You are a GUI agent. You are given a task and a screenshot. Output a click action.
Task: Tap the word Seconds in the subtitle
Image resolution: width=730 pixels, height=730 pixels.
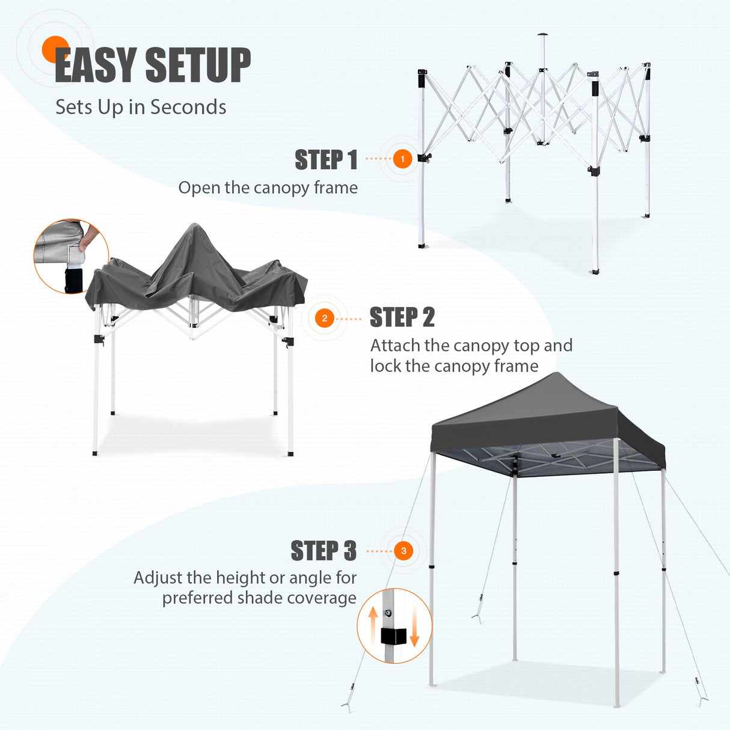(188, 107)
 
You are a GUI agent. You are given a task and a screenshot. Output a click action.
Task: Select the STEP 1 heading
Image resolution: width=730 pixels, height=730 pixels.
(326, 160)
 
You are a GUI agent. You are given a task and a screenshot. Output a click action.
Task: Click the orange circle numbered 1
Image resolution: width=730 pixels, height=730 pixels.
(402, 159)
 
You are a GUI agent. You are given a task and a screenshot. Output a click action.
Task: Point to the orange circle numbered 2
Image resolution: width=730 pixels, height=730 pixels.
(325, 318)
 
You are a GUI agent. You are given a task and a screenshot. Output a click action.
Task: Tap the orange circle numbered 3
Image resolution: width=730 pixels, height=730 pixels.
(403, 551)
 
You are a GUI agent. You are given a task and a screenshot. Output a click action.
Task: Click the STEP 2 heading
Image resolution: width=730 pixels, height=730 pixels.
(402, 317)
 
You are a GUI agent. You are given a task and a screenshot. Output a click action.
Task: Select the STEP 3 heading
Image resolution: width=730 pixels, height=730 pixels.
(324, 551)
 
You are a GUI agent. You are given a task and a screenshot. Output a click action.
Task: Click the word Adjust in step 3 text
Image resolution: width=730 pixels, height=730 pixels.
(158, 578)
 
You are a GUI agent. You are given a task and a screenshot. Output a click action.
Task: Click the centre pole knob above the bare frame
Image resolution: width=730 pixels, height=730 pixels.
(543, 34)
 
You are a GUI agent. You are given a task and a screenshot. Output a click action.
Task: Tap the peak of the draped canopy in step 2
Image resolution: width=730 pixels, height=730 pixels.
(194, 226)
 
